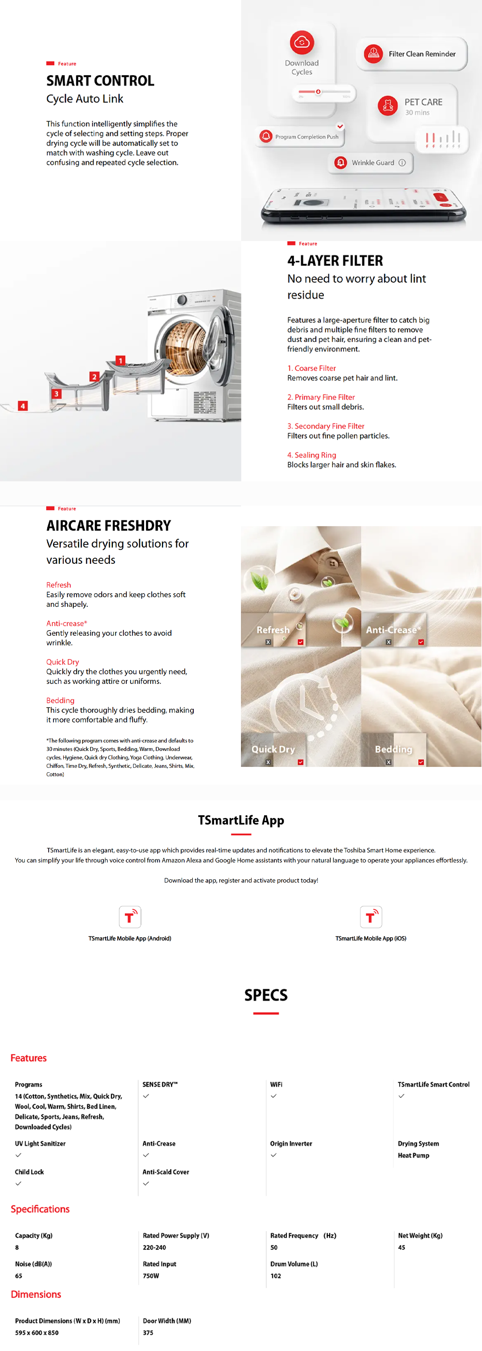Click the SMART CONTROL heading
tap(100, 81)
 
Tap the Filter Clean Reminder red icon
tap(373, 54)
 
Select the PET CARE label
tap(423, 102)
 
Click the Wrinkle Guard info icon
tap(402, 163)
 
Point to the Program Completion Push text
tap(307, 137)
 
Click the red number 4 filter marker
tap(23, 406)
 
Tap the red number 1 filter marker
tap(120, 360)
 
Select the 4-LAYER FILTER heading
tap(335, 260)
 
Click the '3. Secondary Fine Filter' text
tap(325, 426)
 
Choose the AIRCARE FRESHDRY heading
tap(108, 526)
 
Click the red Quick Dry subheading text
tap(62, 662)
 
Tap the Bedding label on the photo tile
tap(393, 749)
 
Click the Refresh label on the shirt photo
tap(272, 629)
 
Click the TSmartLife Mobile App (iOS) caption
tap(370, 938)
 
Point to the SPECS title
tap(266, 995)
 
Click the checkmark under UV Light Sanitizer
tap(18, 1155)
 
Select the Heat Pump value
tap(413, 1155)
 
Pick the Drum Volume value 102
tap(276, 1275)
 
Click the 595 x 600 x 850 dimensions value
tap(37, 1333)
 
